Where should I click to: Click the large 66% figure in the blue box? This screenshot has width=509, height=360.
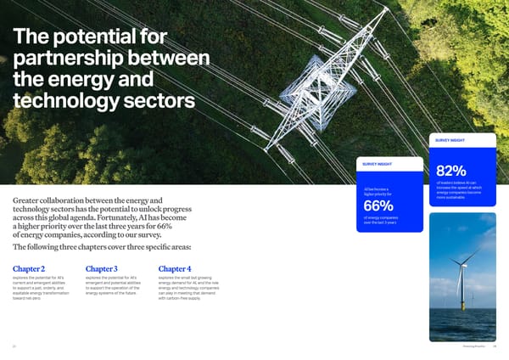378,206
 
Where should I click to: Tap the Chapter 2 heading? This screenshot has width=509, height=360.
32,270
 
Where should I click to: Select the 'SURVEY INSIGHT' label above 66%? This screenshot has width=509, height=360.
378,165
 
